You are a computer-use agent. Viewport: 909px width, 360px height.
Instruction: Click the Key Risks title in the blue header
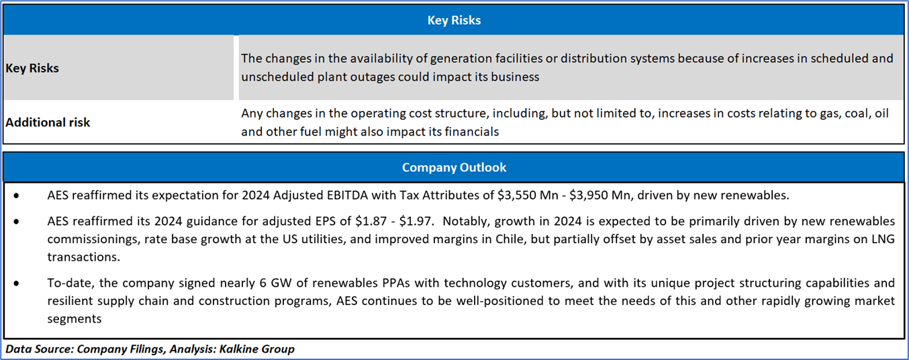[454, 20]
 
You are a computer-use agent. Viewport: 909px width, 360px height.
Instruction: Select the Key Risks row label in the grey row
[32, 68]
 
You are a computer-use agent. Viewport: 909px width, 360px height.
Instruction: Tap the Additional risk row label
[48, 122]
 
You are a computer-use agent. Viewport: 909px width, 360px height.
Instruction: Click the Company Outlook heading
[454, 167]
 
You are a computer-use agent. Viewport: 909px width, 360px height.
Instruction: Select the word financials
[470, 132]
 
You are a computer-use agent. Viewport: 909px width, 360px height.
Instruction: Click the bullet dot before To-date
[16, 283]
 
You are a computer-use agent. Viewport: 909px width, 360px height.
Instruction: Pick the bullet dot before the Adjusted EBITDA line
[16, 195]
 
